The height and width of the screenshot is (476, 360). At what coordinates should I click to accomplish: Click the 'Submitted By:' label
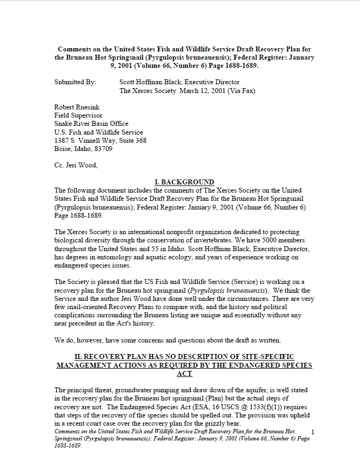coord(75,82)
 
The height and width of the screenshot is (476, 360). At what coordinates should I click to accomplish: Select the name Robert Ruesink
coord(78,108)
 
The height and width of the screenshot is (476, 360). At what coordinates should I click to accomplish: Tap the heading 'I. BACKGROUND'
coord(184,182)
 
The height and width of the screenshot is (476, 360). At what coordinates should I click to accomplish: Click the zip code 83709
coord(103,148)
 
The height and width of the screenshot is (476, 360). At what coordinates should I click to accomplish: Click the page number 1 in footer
coord(320,432)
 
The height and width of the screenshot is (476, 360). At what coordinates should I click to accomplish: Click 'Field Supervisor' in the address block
coord(78,116)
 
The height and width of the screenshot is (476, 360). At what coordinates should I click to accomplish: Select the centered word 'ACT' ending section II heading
coord(184,374)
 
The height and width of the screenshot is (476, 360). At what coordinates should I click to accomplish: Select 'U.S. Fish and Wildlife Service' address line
coord(98,132)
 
